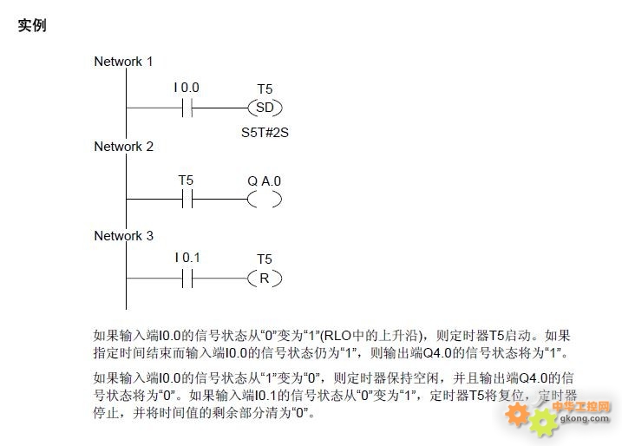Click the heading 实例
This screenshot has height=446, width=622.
coord(32,25)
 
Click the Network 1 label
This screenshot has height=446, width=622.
coord(123,62)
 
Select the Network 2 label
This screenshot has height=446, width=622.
coord(123,147)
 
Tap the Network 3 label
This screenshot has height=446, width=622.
coord(123,236)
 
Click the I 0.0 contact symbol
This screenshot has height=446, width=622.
coord(187,108)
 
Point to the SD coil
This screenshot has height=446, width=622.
coord(265,108)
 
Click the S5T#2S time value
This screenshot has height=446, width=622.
coord(265,132)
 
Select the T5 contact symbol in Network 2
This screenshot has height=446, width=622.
coord(187,199)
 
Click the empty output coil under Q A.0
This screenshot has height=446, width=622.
coord(265,200)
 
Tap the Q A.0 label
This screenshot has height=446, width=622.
coord(265,181)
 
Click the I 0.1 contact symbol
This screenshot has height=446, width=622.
coord(187,279)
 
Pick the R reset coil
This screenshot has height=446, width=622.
coord(265,279)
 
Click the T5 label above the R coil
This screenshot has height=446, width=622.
coord(265,259)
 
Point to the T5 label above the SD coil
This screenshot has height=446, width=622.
coord(265,89)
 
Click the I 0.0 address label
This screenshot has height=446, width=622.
coord(187,88)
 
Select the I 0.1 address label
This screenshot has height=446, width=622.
coord(187,258)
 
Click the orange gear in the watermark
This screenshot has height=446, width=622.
coord(517,414)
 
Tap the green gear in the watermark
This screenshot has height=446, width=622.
coord(544,423)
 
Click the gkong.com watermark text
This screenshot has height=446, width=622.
coord(585,418)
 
